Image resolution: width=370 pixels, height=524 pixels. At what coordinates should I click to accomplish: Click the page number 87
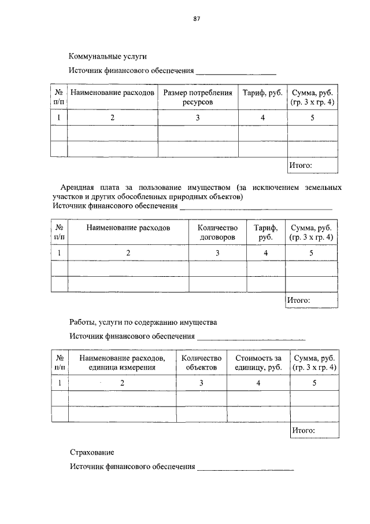click(x=197, y=19)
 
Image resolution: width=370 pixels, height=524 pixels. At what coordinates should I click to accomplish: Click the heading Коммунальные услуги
click(x=108, y=57)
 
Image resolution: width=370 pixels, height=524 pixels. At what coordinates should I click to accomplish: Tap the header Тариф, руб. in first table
click(x=262, y=93)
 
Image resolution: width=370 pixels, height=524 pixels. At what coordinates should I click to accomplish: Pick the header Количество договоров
click(x=217, y=233)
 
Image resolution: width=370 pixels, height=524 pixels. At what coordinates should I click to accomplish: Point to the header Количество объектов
click(x=201, y=363)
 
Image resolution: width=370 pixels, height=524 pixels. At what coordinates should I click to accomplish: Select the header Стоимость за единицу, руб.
click(x=258, y=363)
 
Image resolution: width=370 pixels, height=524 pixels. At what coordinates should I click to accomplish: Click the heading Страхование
click(x=92, y=452)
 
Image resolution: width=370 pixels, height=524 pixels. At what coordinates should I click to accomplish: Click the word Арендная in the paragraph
click(x=79, y=188)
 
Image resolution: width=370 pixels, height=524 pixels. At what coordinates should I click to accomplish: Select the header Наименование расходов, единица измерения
click(x=122, y=363)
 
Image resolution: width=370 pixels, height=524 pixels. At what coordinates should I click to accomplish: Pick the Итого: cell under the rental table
click(x=299, y=300)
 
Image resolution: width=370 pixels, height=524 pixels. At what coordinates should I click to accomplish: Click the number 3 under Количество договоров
click(x=217, y=253)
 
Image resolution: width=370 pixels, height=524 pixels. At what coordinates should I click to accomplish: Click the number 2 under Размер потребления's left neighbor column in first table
click(x=113, y=118)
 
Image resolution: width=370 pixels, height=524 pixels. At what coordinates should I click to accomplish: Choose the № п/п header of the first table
click(x=59, y=97)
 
